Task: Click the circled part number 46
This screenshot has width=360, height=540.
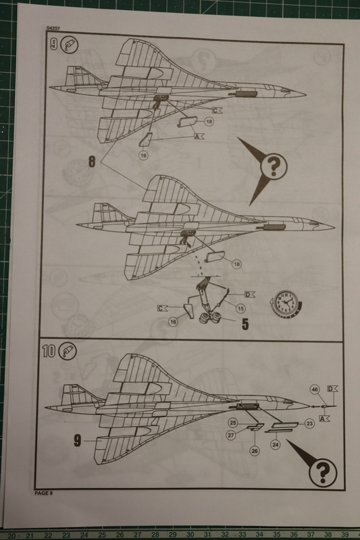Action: [315, 389]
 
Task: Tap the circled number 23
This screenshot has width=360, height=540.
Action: [309, 424]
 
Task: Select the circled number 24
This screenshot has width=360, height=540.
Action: [276, 445]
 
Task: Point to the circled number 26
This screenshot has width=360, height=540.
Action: [255, 451]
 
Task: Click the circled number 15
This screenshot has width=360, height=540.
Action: [240, 308]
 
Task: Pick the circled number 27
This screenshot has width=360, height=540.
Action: [231, 435]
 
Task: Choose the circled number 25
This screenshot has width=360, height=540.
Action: [233, 423]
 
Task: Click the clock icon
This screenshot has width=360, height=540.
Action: [286, 304]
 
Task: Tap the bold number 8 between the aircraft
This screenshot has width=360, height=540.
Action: [92, 161]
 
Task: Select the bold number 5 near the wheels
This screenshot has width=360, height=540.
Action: [245, 324]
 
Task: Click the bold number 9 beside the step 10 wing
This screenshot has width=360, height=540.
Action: [78, 441]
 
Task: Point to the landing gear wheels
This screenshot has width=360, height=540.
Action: [211, 317]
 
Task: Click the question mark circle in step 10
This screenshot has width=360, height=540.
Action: [323, 473]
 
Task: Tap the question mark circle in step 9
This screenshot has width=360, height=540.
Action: [274, 166]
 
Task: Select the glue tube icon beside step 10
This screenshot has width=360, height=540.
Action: [68, 351]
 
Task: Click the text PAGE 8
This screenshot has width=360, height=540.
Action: [43, 493]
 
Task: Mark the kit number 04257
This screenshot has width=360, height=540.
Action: [53, 28]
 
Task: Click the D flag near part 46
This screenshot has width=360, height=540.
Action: [332, 389]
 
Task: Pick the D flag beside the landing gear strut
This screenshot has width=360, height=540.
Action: [249, 294]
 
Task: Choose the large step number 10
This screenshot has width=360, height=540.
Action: [49, 351]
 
